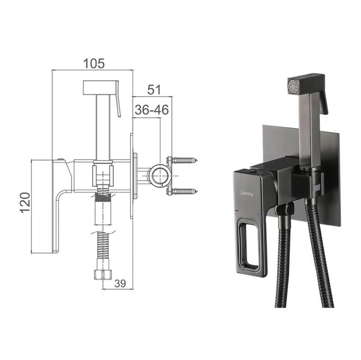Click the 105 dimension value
(94, 63)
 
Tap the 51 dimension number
(154, 89)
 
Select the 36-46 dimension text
(152, 110)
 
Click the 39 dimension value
(120, 283)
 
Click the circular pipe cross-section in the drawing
(160, 175)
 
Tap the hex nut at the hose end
(103, 275)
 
